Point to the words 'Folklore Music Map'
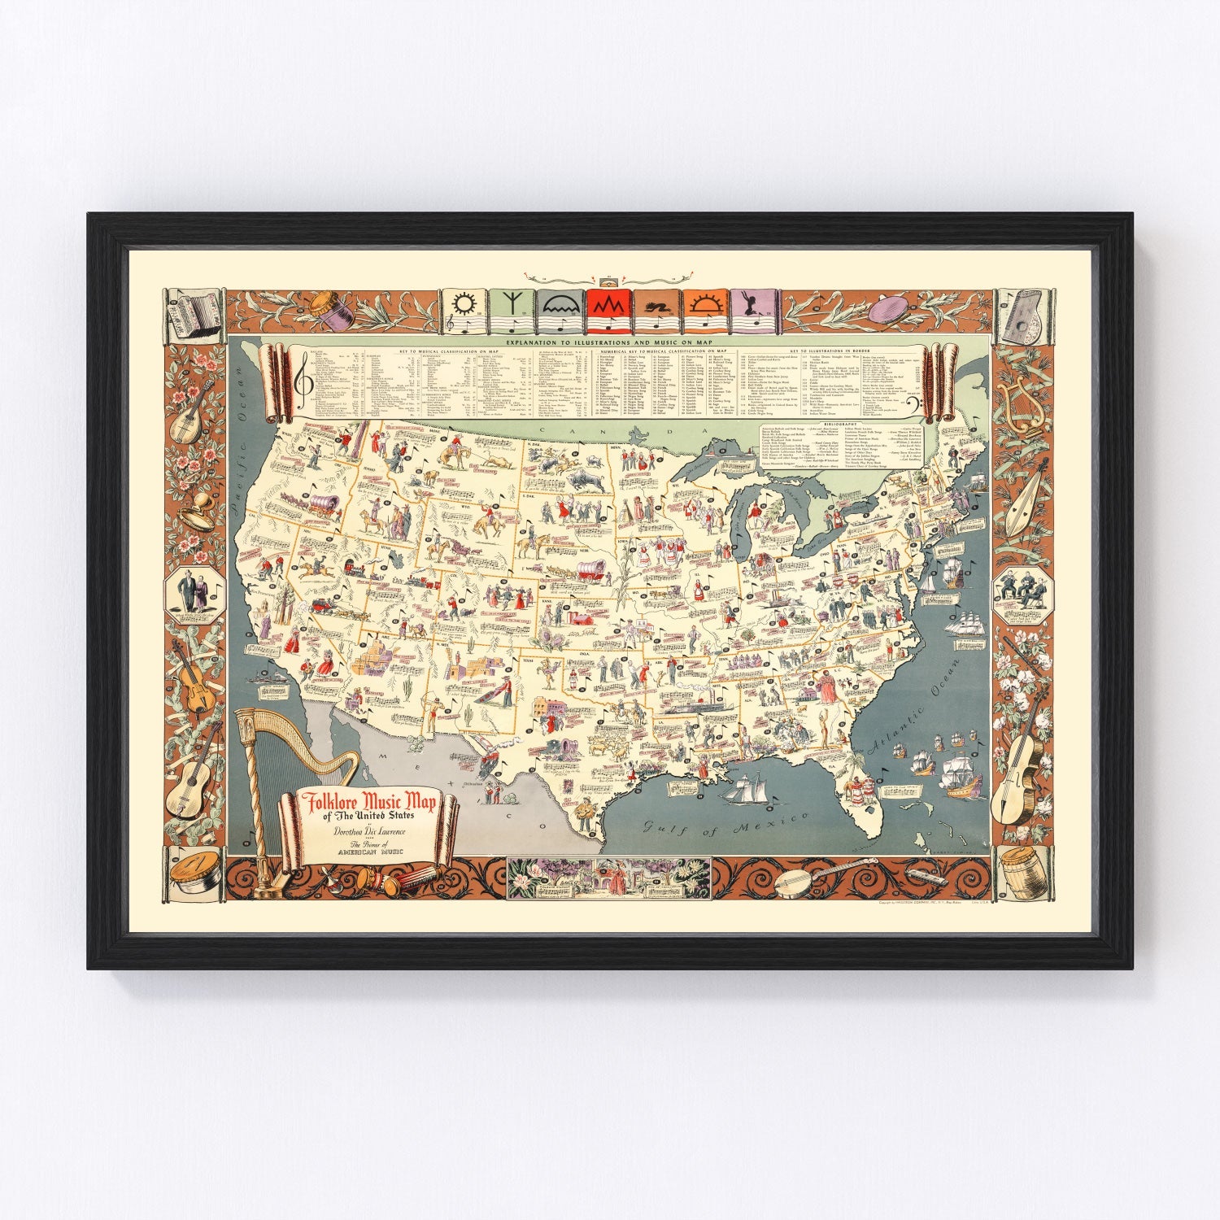click(369, 803)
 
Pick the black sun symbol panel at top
click(463, 312)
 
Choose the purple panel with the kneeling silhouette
click(755, 312)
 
